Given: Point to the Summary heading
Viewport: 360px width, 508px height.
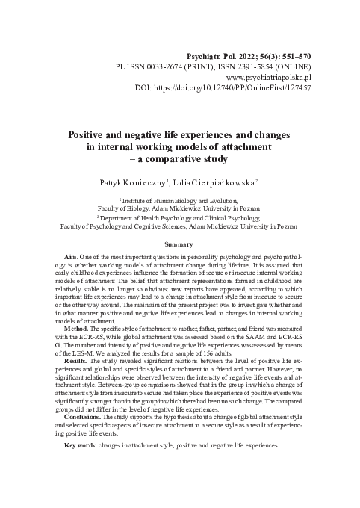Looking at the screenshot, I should (179, 244).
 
